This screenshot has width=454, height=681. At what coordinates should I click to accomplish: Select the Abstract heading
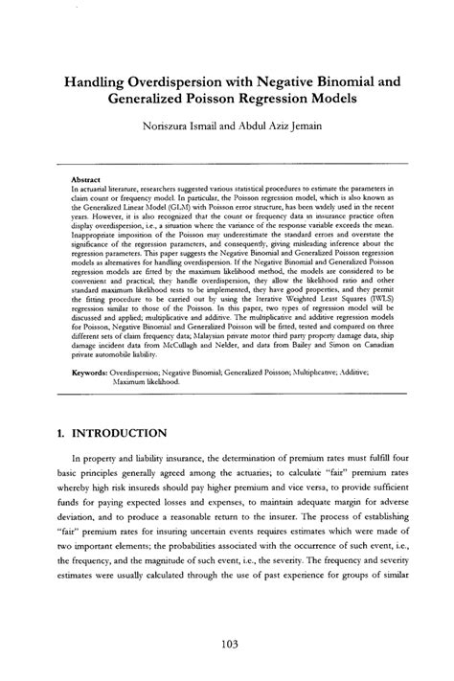point(88,179)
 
